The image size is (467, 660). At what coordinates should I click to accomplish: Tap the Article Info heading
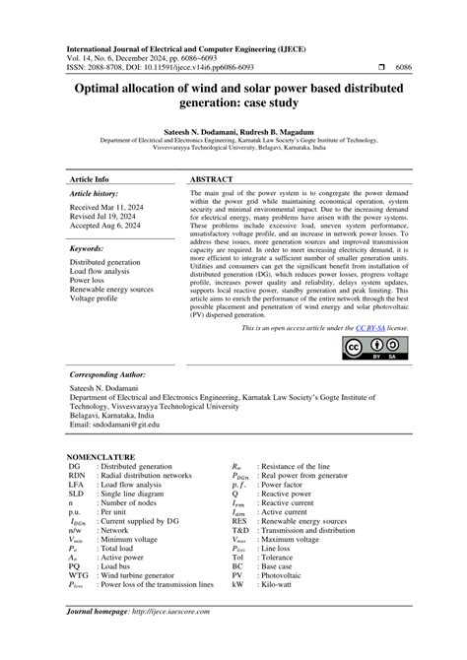[89, 179]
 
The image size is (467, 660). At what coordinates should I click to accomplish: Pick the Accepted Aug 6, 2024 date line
[105, 229]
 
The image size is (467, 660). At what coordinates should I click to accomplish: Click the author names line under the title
[233, 130]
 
